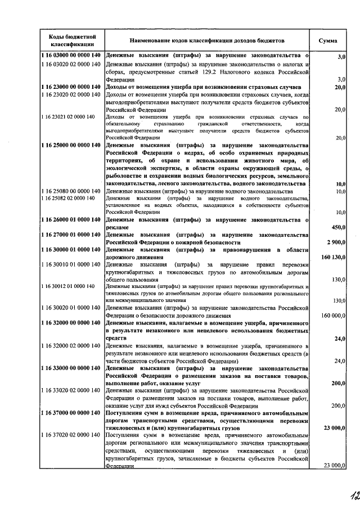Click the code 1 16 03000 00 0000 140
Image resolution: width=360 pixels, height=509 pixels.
(x=71, y=56)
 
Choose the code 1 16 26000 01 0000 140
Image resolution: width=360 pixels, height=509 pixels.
(x=71, y=221)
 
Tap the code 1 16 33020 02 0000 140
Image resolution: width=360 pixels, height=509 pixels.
(x=71, y=390)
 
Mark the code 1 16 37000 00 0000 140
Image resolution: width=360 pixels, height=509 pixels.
(x=71, y=413)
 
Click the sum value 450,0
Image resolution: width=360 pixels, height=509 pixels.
(x=337, y=228)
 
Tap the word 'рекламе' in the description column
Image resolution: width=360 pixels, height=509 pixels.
(x=118, y=228)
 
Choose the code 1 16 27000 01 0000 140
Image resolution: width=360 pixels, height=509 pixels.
(x=71, y=235)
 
